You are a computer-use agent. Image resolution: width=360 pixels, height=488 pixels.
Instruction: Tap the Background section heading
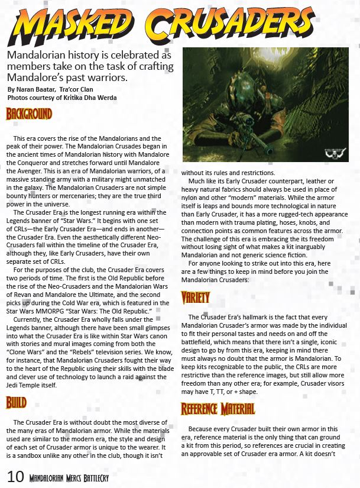(x=29, y=114)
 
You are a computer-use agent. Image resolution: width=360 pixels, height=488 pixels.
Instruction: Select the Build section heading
(x=17, y=403)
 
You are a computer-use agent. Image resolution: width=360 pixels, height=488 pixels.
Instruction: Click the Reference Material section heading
(x=218, y=409)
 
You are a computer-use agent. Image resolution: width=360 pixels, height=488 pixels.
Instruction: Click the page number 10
(x=15, y=477)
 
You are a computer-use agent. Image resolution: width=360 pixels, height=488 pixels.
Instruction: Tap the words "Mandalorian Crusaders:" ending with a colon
(x=221, y=279)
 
